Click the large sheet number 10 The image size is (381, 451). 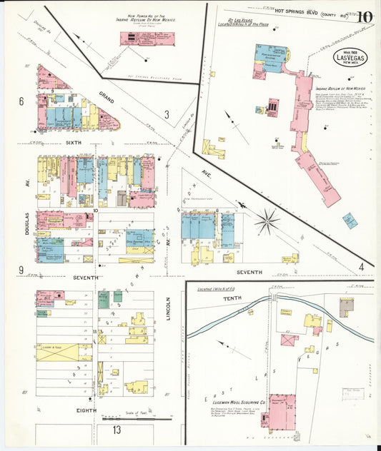[x=364, y=16]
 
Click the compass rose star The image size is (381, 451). [x=267, y=221]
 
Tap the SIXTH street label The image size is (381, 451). [x=74, y=143]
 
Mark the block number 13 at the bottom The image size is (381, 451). [x=116, y=430]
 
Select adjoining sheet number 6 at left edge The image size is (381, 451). [x=21, y=101]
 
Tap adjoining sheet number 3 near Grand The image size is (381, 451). [x=166, y=114]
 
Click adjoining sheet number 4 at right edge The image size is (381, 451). [x=362, y=267]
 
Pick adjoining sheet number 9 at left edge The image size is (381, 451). [x=21, y=270]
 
